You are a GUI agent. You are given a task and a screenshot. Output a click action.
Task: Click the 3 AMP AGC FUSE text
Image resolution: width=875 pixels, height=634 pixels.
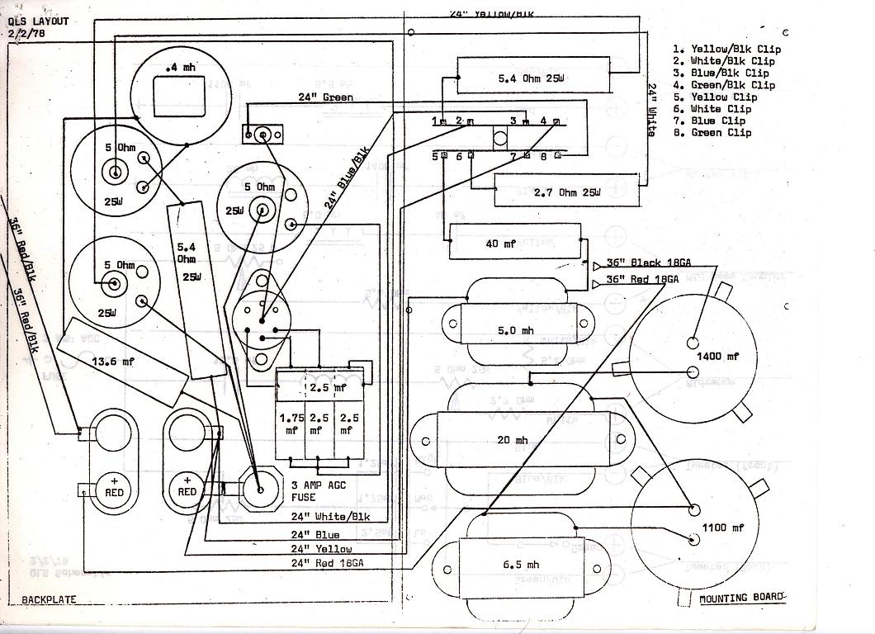point(315,491)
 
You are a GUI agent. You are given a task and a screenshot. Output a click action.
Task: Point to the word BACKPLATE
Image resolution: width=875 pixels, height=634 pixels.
point(49,599)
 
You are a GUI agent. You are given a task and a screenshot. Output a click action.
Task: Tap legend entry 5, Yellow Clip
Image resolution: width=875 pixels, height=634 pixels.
point(721,97)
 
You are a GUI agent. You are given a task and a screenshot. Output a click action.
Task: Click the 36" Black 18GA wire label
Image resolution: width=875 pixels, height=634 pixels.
point(647,263)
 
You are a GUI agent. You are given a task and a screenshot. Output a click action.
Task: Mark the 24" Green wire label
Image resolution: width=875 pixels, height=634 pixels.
point(325,97)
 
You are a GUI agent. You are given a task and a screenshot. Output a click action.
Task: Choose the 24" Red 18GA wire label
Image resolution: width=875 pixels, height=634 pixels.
point(328,562)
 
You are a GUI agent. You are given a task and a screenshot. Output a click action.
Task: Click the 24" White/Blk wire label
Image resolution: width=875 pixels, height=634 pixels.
point(330,517)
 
